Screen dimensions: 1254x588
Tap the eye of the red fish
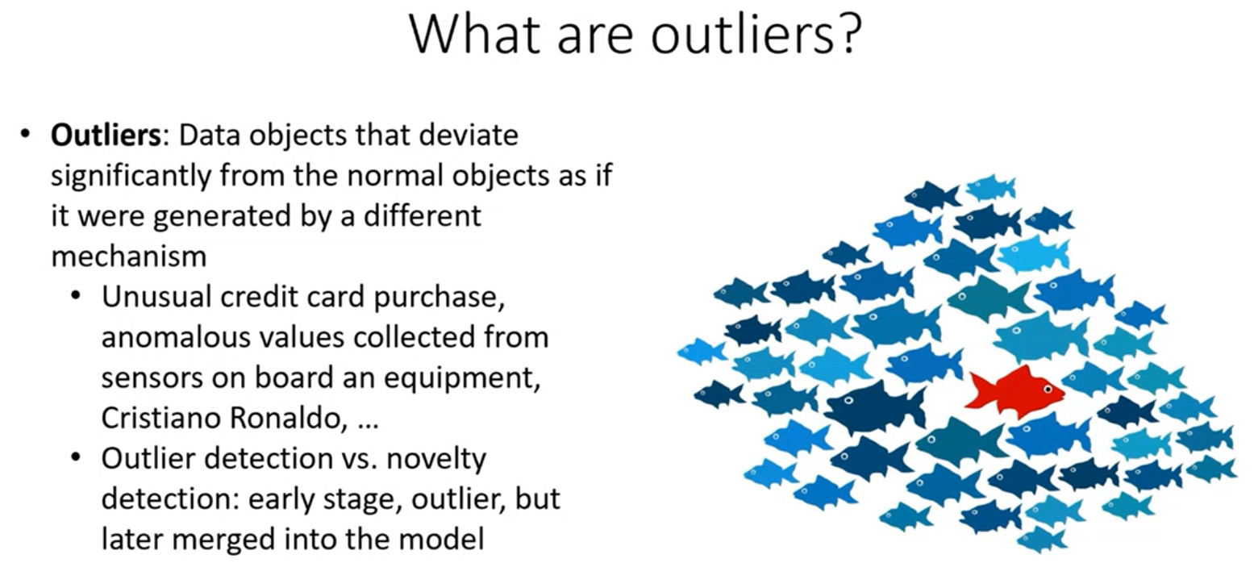click(1047, 390)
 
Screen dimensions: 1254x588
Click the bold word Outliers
click(106, 136)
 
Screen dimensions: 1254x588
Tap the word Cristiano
click(161, 418)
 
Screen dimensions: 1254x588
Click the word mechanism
click(129, 256)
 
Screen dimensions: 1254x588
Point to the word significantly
click(131, 177)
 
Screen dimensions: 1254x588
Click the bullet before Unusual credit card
click(77, 295)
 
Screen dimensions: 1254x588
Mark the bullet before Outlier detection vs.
click(77, 457)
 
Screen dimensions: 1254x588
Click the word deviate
click(469, 136)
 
